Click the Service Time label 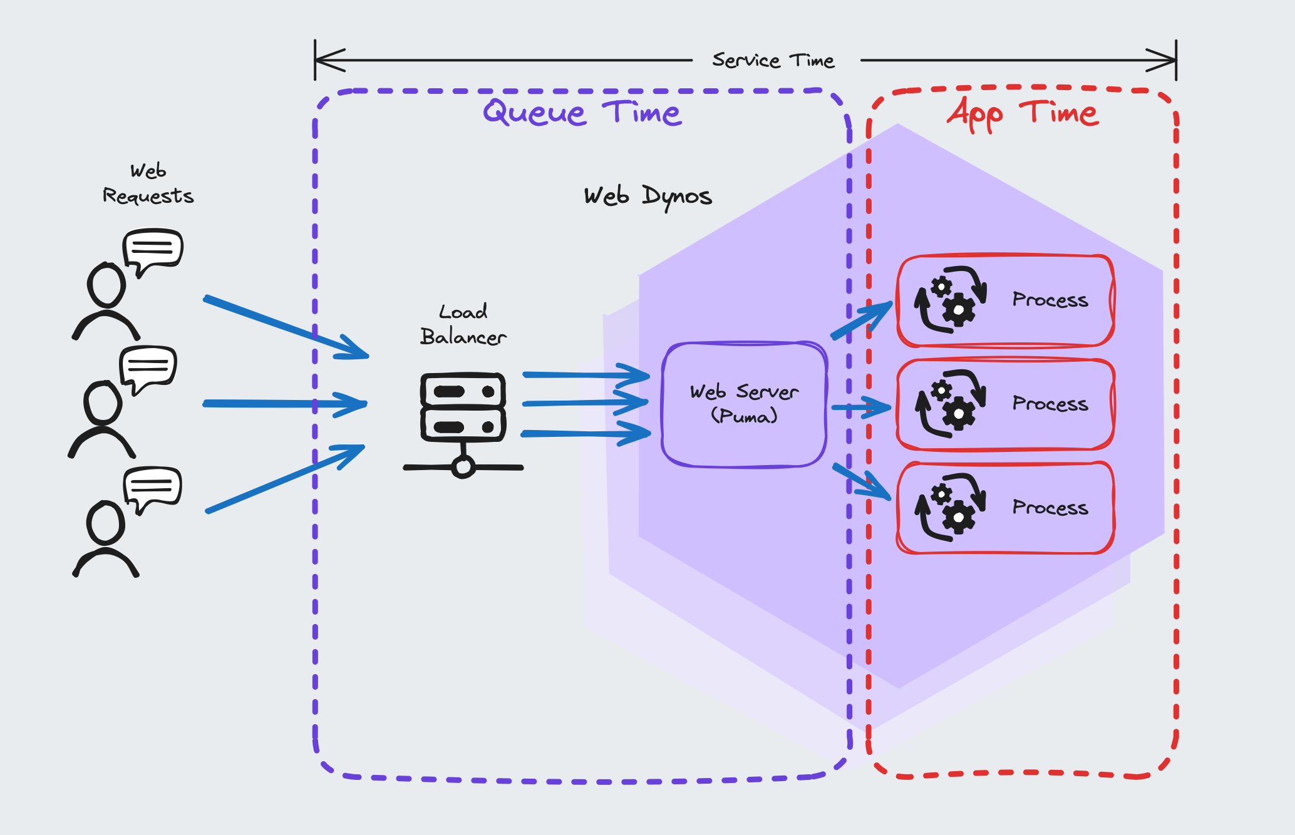click(773, 61)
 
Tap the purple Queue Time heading click(582, 113)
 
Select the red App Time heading click(1022, 113)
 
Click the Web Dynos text click(647, 196)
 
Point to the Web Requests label click(148, 184)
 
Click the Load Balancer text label click(463, 325)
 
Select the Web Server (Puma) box click(744, 404)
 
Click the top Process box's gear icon click(951, 300)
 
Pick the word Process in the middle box click(1050, 404)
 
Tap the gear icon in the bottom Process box click(951, 507)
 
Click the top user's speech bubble click(153, 250)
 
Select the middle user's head click(103, 402)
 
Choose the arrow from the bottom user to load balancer click(285, 479)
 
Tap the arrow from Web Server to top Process click(862, 320)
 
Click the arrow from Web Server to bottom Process click(862, 481)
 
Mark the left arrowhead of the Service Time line click(329, 60)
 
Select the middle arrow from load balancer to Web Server click(586, 403)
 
